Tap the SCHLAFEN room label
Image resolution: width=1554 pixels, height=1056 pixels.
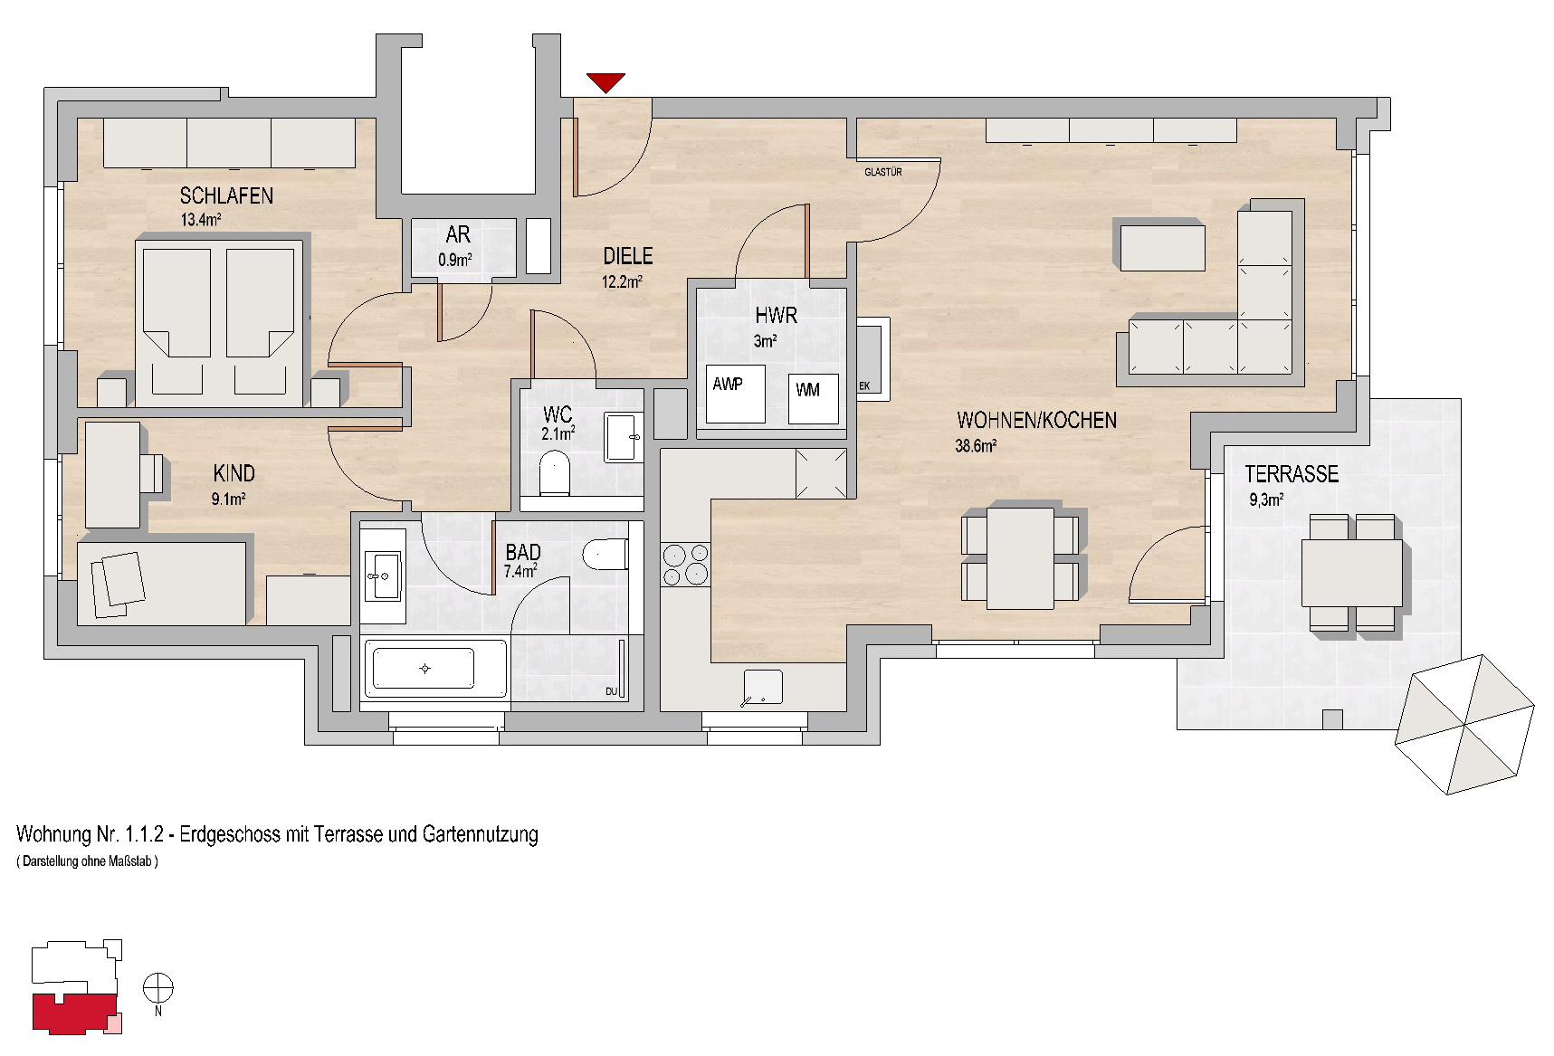click(226, 195)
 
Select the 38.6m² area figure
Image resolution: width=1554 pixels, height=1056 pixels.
click(976, 445)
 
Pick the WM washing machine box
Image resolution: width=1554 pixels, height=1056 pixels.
click(813, 399)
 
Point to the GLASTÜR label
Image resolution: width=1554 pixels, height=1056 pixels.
click(882, 172)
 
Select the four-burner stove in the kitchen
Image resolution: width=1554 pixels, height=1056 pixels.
click(685, 565)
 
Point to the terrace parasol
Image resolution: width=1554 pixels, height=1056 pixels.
click(1464, 725)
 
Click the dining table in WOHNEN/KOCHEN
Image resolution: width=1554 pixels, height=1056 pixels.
click(1020, 558)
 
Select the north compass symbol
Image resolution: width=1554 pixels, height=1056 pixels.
click(158, 988)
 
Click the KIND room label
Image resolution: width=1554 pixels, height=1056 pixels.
click(234, 473)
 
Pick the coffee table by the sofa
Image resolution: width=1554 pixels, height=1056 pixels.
click(1163, 248)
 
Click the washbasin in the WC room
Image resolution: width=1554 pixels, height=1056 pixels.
click(623, 438)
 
